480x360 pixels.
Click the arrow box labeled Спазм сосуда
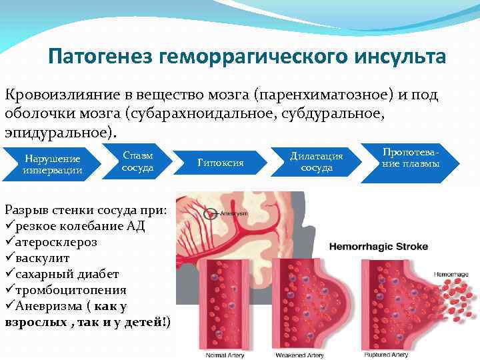point(137,161)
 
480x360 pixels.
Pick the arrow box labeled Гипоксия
point(221,163)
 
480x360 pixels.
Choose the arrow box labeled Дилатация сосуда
point(317,161)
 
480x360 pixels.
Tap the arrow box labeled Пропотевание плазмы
point(410,158)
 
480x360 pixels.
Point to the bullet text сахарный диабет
point(66,275)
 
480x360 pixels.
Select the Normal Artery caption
point(225,355)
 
